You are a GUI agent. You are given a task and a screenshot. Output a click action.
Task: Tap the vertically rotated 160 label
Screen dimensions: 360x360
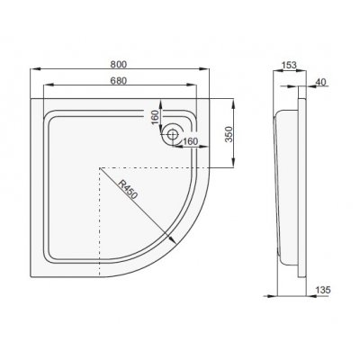(x=154, y=118)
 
